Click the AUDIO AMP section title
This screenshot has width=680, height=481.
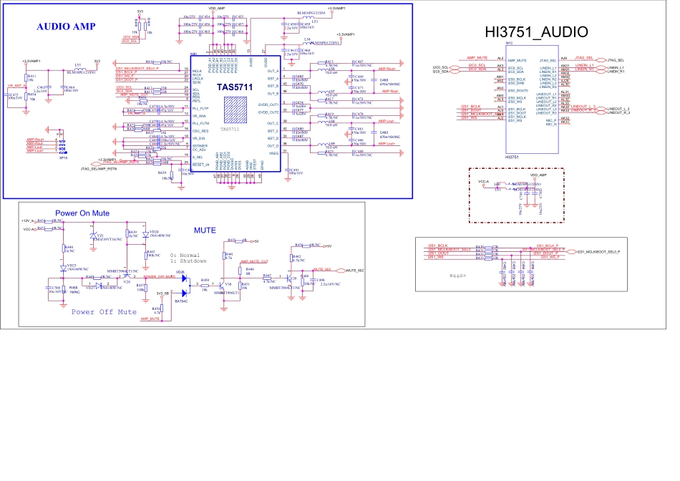coord(66,26)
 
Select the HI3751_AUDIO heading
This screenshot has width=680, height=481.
coord(536,32)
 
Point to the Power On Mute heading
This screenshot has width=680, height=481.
coord(82,213)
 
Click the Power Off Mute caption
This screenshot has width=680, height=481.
coord(104,312)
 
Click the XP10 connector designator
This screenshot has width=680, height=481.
coord(63,157)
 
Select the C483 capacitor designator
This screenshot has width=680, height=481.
coord(384,132)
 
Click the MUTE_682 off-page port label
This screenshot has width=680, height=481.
coord(355,271)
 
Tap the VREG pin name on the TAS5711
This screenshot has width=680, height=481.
coord(273,152)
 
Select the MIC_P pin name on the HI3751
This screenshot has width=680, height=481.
coord(551,121)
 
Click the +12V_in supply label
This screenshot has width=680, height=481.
coord(29,220)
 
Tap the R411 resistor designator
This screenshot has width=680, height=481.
coord(31,75)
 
